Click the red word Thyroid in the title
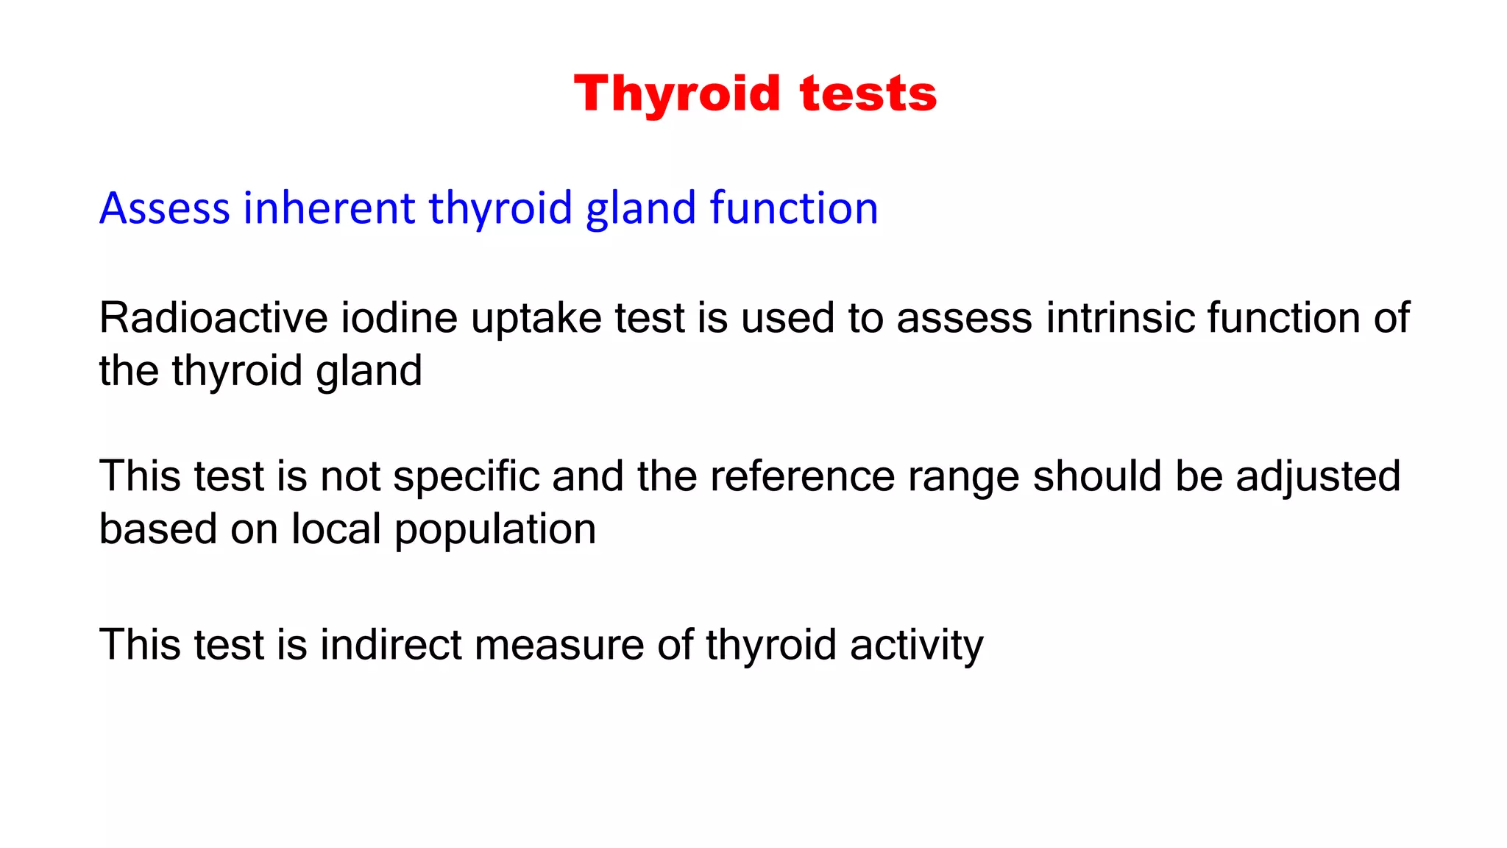(676, 94)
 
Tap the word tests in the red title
(868, 94)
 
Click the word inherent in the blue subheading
(329, 208)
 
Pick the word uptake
(536, 319)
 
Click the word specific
(467, 477)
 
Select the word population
(494, 531)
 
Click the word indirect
(390, 645)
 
